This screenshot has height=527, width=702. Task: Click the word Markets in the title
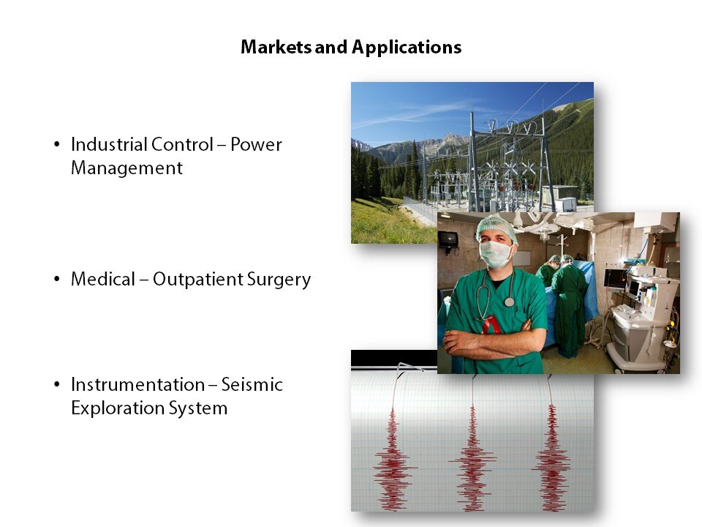point(276,47)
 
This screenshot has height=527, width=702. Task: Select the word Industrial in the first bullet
point(108,144)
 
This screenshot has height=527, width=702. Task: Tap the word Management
point(127,168)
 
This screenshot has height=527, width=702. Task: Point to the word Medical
point(103,279)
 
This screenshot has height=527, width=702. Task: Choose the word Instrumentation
point(138,384)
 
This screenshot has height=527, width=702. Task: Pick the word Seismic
point(252,384)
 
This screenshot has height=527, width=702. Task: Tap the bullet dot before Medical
point(56,279)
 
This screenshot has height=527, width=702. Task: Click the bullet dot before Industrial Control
point(56,144)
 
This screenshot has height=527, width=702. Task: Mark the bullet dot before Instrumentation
point(56,384)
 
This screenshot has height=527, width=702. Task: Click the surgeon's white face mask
point(496,254)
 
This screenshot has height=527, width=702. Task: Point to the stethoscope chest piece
point(509,302)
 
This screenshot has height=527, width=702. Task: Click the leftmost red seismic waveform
point(393,457)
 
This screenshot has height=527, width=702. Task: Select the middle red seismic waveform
point(472,457)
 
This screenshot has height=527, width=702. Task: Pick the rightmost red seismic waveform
point(551,457)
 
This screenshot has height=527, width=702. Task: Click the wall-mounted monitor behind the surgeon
point(448,239)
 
